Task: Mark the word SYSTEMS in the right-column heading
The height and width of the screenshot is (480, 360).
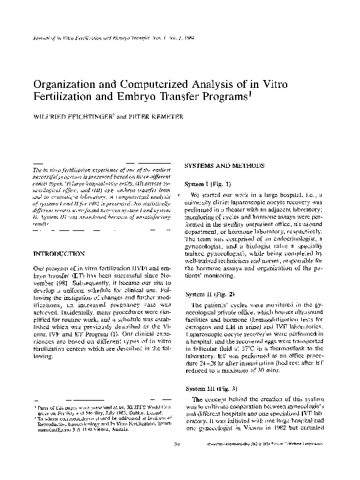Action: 201,165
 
